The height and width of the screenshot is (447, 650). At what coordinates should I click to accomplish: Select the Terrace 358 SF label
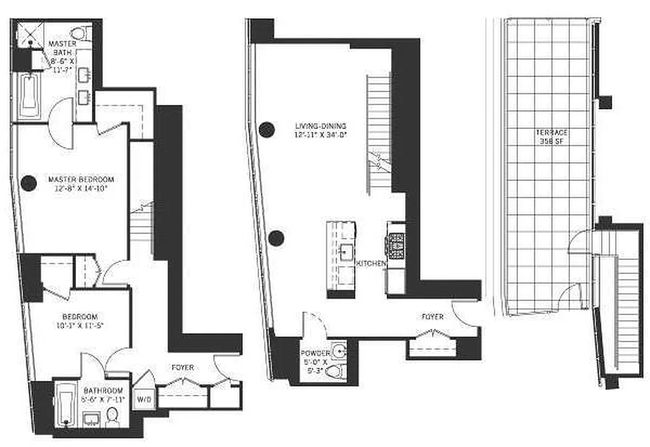[x=552, y=137]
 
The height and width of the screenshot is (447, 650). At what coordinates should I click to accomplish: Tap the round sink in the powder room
[x=338, y=351]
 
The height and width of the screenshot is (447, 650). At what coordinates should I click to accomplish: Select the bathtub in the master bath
[x=30, y=95]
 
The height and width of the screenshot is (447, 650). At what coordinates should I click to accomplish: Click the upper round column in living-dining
[x=267, y=130]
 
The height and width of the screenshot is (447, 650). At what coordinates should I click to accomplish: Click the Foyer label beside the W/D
[x=182, y=368]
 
